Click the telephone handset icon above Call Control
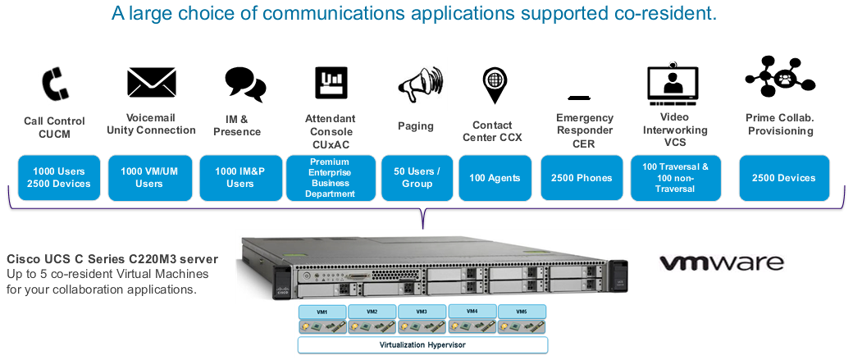point(55,84)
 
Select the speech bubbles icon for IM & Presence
point(244,84)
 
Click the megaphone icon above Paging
point(420,84)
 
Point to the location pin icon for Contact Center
point(495,85)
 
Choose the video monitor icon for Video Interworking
point(673,83)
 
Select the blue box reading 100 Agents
point(495,178)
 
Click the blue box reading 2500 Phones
point(582,178)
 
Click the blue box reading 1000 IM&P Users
point(240,178)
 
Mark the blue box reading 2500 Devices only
point(784,178)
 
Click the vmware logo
point(722,263)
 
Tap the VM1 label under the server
point(322,312)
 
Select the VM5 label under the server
point(522,312)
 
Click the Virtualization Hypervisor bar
point(422,344)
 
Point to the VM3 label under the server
point(422,312)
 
